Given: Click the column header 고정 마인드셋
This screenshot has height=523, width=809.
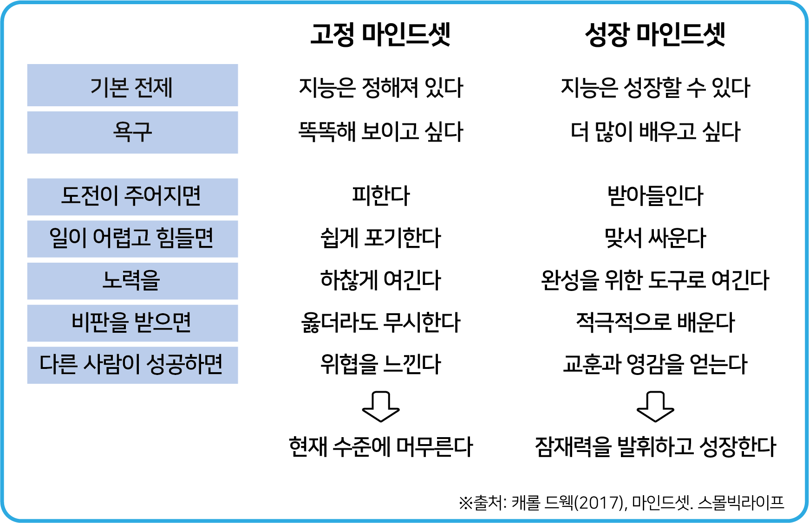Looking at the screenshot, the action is coord(380,35).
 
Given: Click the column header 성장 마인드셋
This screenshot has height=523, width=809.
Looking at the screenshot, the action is coord(655,35).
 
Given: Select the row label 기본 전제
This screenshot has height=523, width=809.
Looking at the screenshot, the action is coord(132,87).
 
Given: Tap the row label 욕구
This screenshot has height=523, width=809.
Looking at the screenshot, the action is coord(132,132).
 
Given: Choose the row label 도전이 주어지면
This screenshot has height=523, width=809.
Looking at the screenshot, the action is coord(131,195).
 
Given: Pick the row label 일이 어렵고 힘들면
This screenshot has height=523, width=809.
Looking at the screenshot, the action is coord(131,238).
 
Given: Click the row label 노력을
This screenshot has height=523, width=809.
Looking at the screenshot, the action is coord(131,280).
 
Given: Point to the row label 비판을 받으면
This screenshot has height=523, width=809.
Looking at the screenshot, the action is coord(131,322).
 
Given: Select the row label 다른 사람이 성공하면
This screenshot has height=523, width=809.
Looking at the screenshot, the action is coord(131,364).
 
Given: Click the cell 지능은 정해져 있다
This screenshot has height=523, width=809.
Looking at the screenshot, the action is coord(381,87).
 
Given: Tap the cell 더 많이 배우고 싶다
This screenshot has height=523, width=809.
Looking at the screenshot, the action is coord(655,132).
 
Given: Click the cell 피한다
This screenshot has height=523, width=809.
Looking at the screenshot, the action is coord(381,195).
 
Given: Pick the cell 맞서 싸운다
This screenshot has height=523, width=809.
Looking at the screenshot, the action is coord(655,238).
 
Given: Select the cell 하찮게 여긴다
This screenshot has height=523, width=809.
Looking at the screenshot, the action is coord(381,280).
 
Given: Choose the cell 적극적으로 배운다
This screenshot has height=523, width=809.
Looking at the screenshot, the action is coord(655,322).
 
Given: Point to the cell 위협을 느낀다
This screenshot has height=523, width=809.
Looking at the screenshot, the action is coord(381,364).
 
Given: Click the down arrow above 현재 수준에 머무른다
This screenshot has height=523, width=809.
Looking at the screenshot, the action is coord(381,407).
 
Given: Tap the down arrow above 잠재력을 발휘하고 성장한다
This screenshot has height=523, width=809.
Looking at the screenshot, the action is coord(655,407).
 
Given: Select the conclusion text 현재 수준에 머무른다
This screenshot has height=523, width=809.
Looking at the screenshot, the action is coord(381,447).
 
